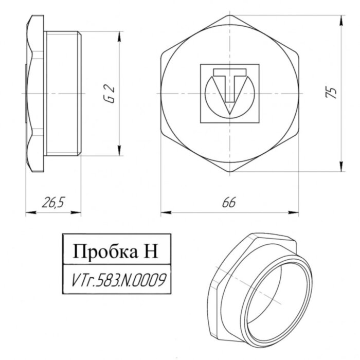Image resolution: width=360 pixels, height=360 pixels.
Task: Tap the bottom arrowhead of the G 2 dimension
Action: (x=119, y=154)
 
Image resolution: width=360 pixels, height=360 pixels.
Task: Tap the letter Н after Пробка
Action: (x=146, y=252)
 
